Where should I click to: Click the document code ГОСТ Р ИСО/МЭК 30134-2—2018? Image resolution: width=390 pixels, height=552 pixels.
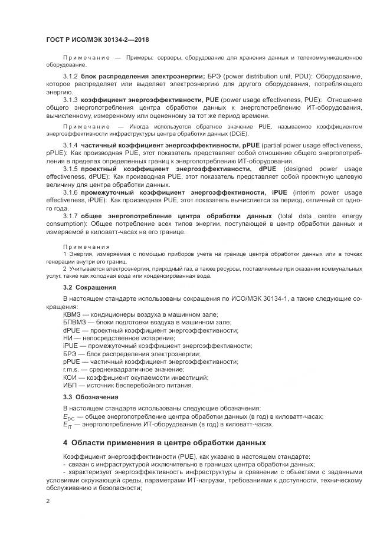click(x=97, y=40)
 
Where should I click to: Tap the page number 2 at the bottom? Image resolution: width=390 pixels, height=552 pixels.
click(x=48, y=501)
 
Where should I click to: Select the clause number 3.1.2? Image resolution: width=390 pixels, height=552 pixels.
click(x=71, y=76)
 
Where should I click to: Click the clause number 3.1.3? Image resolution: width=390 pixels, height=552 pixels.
click(x=71, y=99)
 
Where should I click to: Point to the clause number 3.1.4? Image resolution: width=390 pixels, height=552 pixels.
click(x=71, y=145)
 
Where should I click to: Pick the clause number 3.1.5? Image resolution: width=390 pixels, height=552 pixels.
click(x=71, y=169)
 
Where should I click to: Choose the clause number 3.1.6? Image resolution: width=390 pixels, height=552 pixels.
click(x=71, y=192)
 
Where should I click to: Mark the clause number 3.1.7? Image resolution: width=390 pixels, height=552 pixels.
click(x=71, y=216)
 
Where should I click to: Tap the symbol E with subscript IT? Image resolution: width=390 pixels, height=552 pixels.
click(x=67, y=424)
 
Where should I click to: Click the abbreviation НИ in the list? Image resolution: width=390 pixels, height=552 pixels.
click(x=68, y=338)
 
